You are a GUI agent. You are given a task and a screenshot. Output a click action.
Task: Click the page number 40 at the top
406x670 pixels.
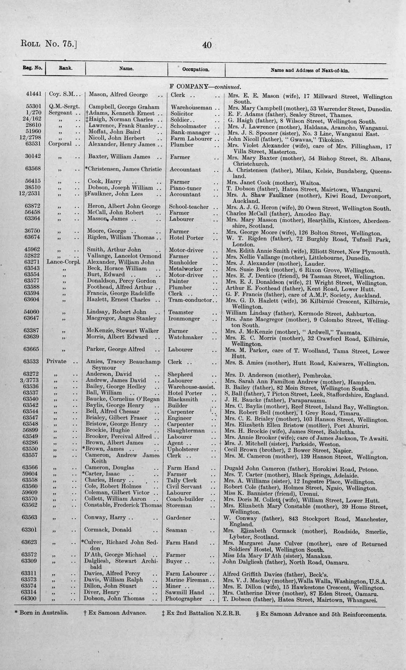pos(207,45)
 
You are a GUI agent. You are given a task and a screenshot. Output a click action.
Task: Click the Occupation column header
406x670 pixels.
pos(196,70)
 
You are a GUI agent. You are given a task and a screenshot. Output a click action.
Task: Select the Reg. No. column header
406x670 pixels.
pos(32,68)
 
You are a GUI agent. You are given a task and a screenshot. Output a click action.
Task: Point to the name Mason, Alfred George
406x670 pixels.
pos(118,94)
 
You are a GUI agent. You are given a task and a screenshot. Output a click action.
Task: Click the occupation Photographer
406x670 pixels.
pos(184,599)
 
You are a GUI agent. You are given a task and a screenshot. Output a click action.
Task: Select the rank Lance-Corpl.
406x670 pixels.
pos(64,263)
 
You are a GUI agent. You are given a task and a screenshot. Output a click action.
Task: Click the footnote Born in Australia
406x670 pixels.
pos(42,612)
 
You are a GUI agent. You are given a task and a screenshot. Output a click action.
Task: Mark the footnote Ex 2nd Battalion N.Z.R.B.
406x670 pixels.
pos(201,613)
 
